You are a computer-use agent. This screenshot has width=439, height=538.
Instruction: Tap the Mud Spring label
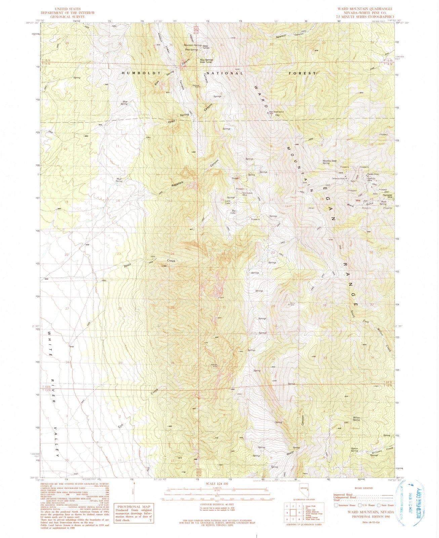[119, 180]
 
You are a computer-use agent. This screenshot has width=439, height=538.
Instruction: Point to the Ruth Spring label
[383, 203]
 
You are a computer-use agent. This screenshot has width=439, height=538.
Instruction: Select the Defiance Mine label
[338, 178]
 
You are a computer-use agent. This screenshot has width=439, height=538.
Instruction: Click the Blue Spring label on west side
[125, 103]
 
